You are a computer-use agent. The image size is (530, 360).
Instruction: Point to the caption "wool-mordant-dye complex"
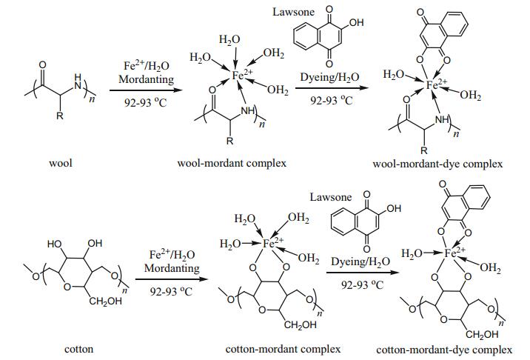tap(437, 163)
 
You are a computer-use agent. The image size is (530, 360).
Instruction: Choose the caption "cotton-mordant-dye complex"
tap(444, 349)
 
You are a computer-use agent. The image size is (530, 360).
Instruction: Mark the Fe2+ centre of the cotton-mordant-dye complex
tap(446, 253)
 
